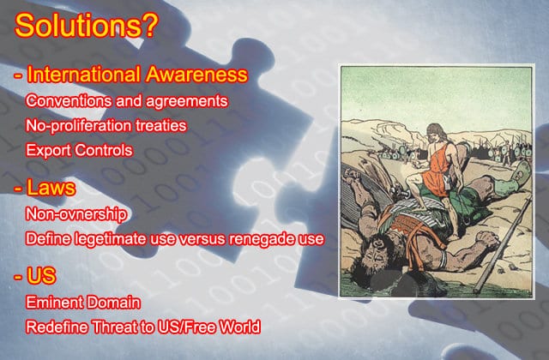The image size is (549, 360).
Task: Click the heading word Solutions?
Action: (87, 25)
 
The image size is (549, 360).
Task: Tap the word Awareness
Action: (196, 75)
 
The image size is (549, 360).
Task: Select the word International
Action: (84, 75)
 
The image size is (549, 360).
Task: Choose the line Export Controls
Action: (79, 150)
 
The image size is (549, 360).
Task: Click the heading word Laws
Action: (51, 187)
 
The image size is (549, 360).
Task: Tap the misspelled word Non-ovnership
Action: (76, 214)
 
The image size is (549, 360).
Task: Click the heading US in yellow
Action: (41, 275)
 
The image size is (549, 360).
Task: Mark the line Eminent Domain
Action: (83, 303)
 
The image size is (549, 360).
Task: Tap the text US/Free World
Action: (209, 327)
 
